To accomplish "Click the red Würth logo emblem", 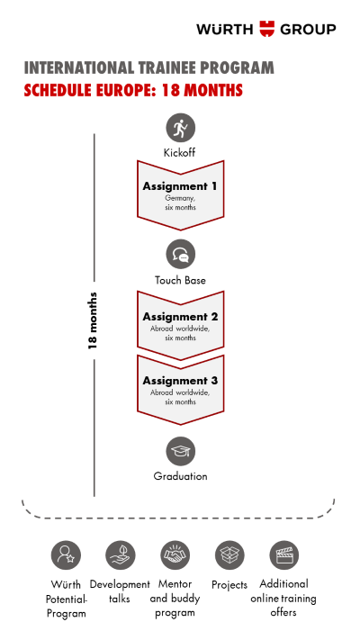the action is pos(267,29).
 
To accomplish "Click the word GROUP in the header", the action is pos(308,30).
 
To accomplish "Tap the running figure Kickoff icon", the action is pos(180,128).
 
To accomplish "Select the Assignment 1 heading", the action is pos(180,186).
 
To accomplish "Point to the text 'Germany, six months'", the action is pos(180,203).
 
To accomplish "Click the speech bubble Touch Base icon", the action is pos(180,254).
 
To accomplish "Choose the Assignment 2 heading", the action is pos(180,317).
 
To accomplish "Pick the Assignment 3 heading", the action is pos(180,381).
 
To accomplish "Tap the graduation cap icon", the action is pos(180,451).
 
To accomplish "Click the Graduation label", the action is pos(180,476).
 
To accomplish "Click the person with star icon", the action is pos(66,555).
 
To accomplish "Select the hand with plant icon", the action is pos(121,555).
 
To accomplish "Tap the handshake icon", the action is pos(175,555).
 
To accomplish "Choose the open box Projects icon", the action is pos(229,555).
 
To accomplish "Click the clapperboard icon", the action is pos(284,555).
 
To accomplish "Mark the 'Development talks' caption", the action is pos(120,591).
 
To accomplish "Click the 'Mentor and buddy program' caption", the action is pos(175,599).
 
